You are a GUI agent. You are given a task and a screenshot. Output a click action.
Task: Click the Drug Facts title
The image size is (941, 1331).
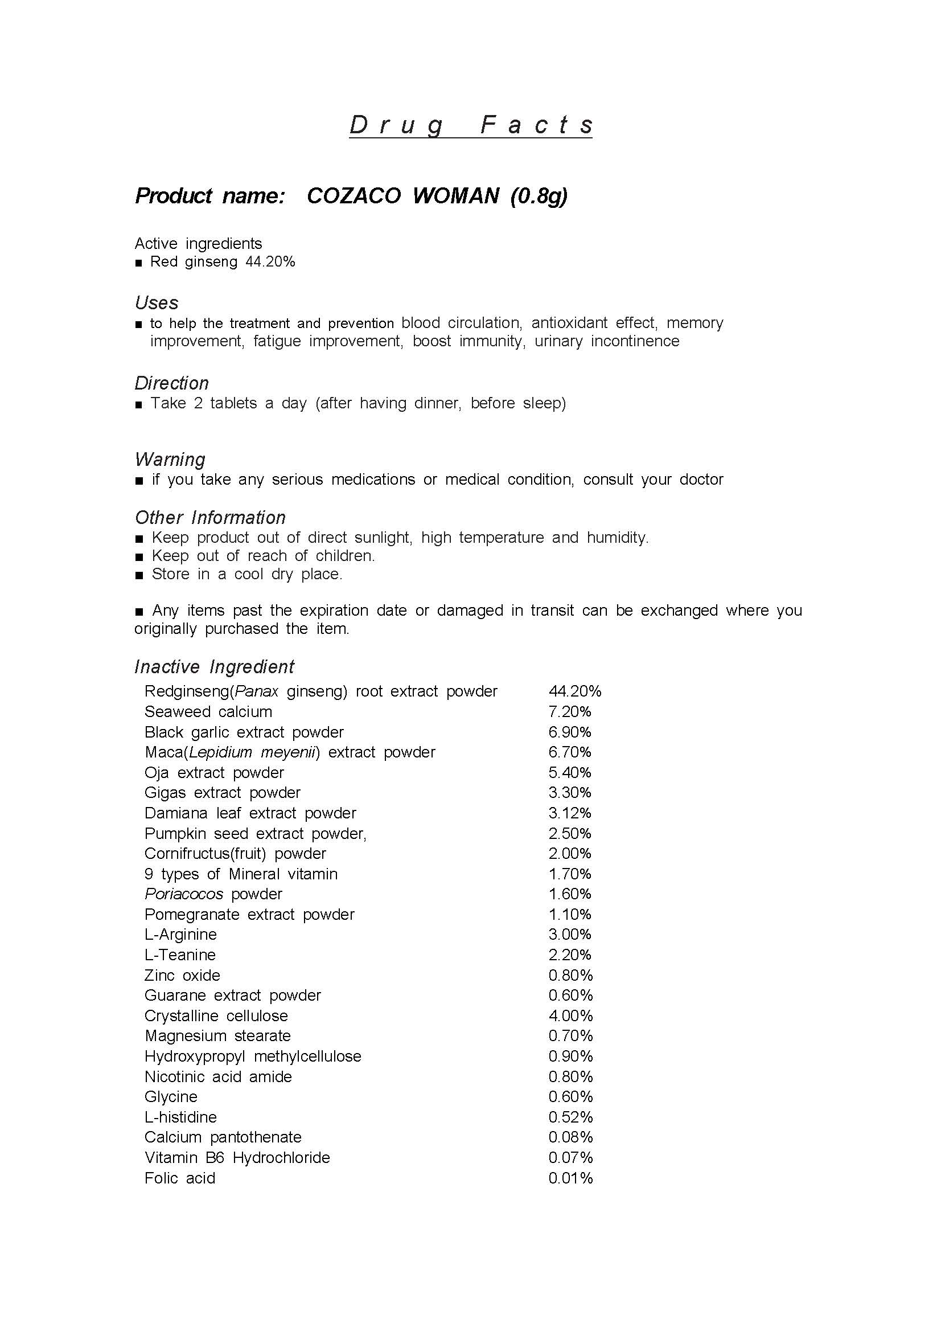coord(470,125)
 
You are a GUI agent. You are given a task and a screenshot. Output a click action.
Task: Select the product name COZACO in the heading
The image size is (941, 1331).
coord(354,196)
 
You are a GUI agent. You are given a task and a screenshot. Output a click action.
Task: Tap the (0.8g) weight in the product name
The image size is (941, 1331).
coord(539,196)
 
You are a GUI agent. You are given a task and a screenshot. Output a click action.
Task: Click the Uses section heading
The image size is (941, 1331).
coord(157,302)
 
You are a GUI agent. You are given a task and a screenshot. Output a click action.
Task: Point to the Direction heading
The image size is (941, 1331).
coord(171,383)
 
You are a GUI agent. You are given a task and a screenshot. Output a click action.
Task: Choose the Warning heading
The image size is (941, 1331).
coord(170,460)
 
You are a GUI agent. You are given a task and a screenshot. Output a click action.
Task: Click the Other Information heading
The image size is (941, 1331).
coord(210,518)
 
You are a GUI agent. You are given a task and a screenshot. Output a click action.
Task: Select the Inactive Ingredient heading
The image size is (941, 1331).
coord(215,667)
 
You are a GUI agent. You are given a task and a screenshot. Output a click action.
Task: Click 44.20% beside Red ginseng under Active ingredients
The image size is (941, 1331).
coord(270,262)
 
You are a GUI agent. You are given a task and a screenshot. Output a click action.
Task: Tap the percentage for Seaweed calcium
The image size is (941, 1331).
coord(570,711)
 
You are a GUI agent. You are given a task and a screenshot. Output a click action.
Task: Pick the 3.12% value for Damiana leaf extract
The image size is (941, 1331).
coord(570,813)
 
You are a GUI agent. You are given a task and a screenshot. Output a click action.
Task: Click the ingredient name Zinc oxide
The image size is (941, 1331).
coord(183,975)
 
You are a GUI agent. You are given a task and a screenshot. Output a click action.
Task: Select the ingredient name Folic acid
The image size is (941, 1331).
coord(180,1178)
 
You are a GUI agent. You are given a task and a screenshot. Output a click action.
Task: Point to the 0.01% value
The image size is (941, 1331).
coord(571,1178)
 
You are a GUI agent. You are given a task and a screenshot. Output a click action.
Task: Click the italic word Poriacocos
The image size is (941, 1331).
coord(184,894)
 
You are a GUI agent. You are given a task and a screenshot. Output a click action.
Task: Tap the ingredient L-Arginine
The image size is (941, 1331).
coord(181,935)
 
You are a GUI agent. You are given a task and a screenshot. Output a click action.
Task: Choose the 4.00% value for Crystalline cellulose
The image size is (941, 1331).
coord(571,1015)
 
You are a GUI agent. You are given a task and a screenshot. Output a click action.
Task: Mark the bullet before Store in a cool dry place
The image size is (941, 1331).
coord(138,575)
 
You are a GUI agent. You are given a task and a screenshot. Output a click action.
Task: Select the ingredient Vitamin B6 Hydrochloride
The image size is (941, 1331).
coord(237,1158)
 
